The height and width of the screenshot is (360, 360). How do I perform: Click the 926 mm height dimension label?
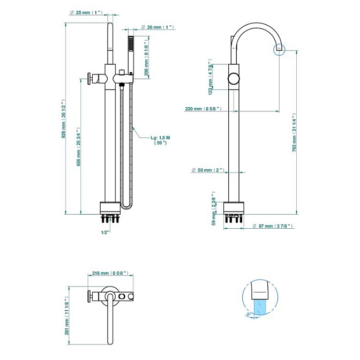coord(64,119)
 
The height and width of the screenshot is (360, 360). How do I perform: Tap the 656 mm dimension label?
coord(79,147)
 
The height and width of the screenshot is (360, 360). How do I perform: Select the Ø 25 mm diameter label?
coord(86,12)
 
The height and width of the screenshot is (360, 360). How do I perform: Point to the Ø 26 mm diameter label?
coord(157,27)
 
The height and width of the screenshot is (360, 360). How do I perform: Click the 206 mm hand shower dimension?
coord(146,58)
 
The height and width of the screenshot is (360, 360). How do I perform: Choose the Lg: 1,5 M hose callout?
coord(160,140)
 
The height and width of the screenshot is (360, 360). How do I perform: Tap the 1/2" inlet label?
coord(105,232)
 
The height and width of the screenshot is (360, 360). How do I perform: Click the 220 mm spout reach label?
coord(203,109)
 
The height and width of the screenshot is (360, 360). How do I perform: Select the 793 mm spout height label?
coord(294,133)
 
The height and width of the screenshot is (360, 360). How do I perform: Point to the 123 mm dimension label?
coord(211,77)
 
